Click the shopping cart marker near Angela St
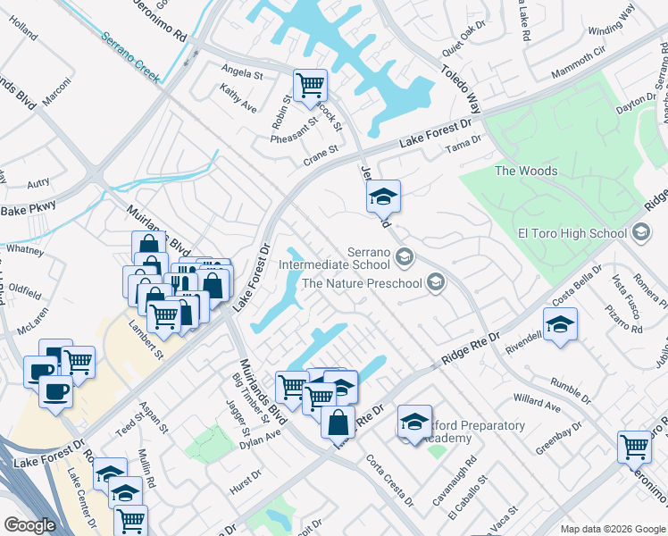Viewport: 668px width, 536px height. (x=310, y=87)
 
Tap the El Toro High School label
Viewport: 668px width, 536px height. (x=572, y=234)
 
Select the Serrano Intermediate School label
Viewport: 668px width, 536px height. (x=335, y=258)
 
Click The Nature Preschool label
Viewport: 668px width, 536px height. (x=362, y=283)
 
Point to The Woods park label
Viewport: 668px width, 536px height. (x=526, y=171)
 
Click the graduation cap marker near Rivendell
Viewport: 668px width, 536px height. (x=560, y=325)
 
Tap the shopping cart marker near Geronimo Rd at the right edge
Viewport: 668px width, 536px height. (x=634, y=446)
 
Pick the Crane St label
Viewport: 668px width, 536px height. (x=321, y=153)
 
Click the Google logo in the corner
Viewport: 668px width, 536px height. (x=30, y=525)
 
